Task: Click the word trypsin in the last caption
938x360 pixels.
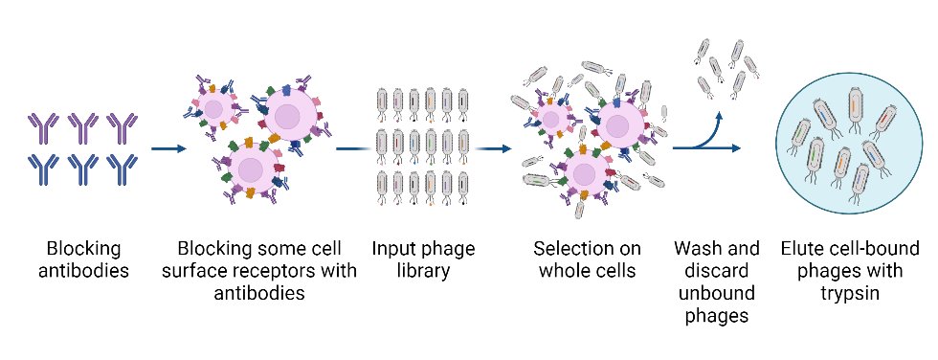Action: [x=849, y=294]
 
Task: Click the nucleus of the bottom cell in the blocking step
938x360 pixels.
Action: [x=251, y=170]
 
